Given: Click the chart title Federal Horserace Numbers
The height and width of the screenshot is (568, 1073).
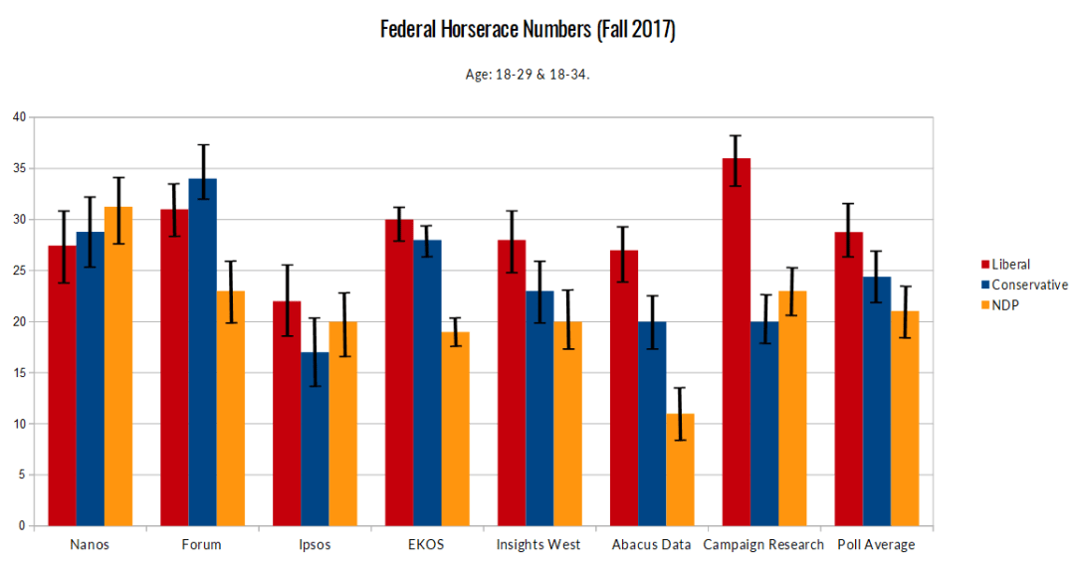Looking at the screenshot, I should coord(528,31).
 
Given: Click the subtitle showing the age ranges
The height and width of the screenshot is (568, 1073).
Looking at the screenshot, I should coord(528,75).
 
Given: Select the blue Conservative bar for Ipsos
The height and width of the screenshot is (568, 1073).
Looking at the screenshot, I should coord(315,439).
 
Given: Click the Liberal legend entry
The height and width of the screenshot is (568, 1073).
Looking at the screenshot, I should coord(1010,265).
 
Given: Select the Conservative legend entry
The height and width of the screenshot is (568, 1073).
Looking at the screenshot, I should coord(1025,284).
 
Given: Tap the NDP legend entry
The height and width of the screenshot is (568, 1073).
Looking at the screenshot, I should coord(1004,304).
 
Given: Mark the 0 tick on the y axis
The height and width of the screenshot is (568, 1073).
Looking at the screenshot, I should coord(21,526).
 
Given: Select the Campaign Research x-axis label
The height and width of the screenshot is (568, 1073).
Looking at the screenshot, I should coord(763,545).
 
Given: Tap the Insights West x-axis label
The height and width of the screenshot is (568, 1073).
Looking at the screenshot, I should coord(538,545).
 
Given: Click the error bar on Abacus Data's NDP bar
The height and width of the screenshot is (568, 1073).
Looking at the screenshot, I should coord(680,414).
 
